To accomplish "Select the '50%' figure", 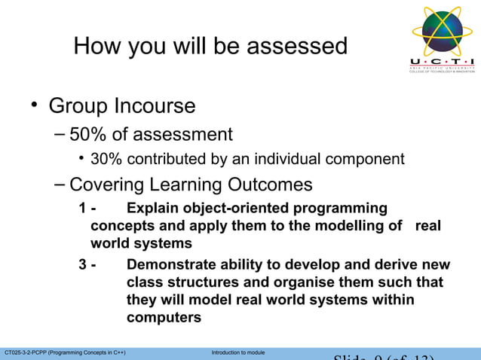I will (x=87, y=135).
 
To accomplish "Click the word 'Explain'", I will (x=153, y=208).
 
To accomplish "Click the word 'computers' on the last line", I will (x=164, y=318).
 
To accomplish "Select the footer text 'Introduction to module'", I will (x=238, y=352).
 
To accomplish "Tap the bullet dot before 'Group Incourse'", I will (x=33, y=105).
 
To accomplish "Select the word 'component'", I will (x=370, y=159).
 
